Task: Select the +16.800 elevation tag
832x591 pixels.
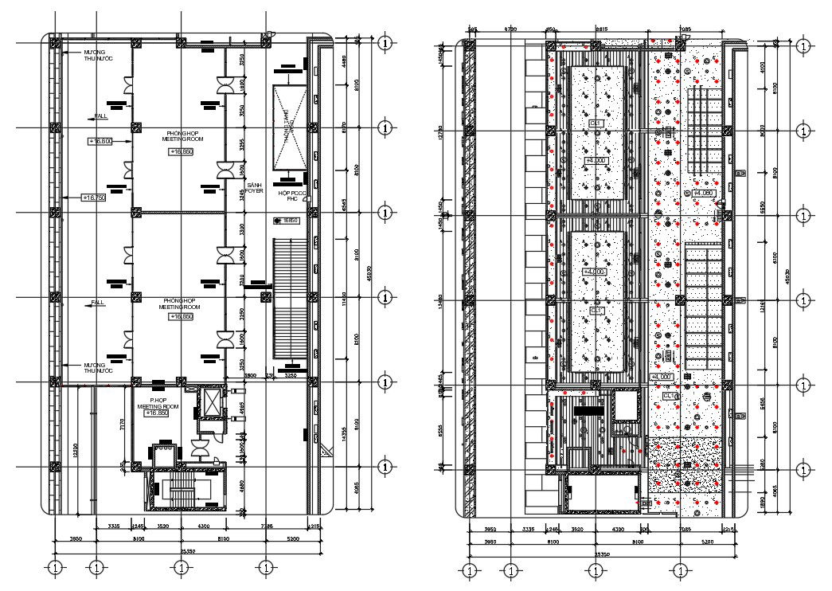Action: coord(100,141)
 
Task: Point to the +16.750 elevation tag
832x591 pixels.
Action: coord(94,197)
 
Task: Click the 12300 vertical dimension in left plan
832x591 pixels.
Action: coord(75,450)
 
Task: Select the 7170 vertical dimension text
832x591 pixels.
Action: coord(120,425)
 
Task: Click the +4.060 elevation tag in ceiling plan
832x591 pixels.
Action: coord(703,193)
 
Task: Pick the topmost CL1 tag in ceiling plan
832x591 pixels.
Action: coord(596,123)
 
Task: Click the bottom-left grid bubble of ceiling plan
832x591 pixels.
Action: coord(469,570)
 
